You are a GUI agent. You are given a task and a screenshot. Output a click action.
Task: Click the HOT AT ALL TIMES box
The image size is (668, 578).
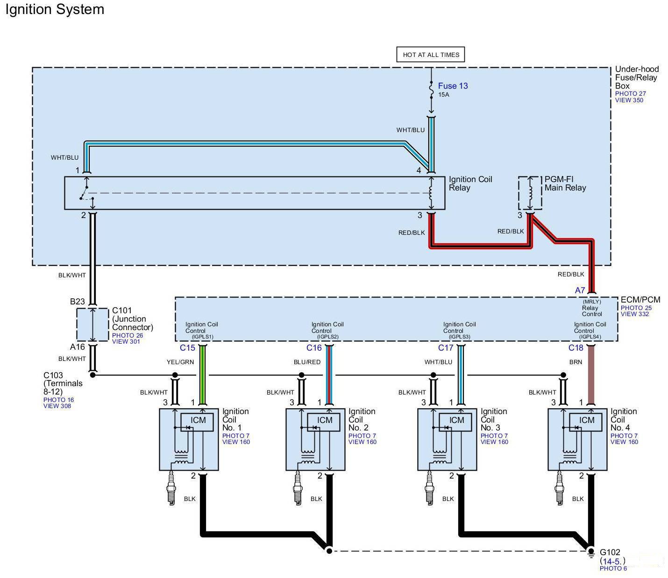coord(431,55)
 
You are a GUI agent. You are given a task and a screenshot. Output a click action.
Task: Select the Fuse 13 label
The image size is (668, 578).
coord(453,86)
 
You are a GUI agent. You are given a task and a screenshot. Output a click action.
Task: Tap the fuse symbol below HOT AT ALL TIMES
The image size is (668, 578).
coord(431,90)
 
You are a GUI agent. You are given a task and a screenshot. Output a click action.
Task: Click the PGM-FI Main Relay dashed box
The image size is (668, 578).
coord(530,193)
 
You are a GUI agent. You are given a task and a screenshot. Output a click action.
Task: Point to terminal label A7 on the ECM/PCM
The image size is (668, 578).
coord(580,290)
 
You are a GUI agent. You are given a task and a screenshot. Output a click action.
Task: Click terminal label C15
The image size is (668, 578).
coord(187,348)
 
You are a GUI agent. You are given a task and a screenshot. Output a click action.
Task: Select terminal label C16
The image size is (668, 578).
coord(314,348)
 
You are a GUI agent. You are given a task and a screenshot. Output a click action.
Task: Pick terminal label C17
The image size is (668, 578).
coord(446,348)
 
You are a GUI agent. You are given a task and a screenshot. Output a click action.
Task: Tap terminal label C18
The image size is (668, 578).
coord(576,348)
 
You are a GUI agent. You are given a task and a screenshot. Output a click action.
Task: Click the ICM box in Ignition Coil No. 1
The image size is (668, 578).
coord(197,422)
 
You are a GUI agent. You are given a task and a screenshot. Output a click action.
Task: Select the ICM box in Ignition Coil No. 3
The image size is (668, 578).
coord(455,422)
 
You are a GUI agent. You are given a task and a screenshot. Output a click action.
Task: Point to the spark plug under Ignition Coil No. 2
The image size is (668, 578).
coord(298,488)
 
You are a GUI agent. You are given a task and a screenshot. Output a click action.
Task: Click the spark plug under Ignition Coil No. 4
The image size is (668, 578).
coord(560,488)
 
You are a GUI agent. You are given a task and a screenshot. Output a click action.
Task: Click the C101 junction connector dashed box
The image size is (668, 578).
coord(92,324)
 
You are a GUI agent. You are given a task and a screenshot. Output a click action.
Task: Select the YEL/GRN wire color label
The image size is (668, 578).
coord(180,362)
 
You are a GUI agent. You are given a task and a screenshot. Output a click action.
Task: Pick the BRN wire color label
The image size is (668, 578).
coord(576,362)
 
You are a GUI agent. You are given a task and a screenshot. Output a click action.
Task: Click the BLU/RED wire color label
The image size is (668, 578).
coord(307,362)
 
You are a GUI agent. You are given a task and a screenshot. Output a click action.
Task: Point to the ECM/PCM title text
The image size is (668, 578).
coord(640,299)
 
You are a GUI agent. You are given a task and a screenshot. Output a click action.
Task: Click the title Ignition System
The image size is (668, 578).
coord(55,9)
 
